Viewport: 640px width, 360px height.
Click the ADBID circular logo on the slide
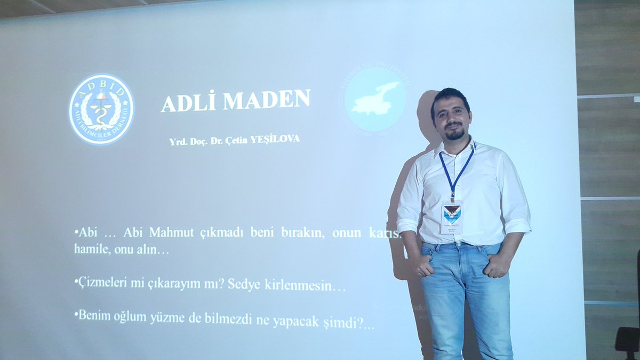coord(101,109)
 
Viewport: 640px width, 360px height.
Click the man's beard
coord(454,134)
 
